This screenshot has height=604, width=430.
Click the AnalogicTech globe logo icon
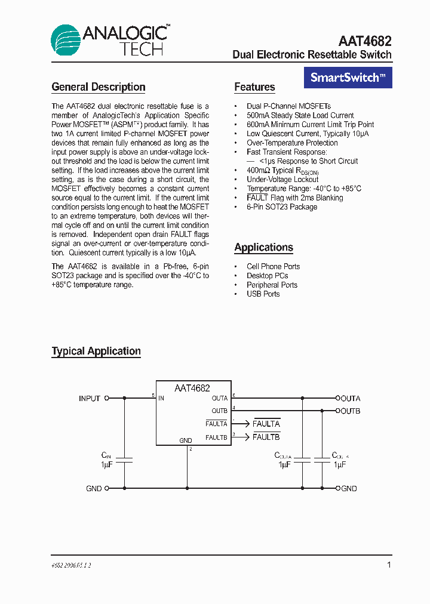point(66,40)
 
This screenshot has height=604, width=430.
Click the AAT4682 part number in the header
point(364,41)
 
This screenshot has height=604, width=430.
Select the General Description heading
point(99,87)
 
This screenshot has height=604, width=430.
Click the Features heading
point(254,87)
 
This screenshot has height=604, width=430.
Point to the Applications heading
point(263,247)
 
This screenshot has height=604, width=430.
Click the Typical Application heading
point(96,351)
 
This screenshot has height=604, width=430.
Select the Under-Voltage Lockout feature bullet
point(282,179)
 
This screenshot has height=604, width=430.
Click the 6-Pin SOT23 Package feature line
point(282,207)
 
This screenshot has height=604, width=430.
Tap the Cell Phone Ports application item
point(273,266)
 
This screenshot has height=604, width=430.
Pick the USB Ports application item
point(263,294)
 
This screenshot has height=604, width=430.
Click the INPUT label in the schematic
point(90,398)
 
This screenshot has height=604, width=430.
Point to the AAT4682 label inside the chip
point(192,388)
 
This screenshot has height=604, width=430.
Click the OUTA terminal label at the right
point(351,398)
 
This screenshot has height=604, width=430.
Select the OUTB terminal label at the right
point(351,411)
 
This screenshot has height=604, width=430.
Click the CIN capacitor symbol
point(124,460)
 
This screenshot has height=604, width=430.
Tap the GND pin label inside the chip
point(186,440)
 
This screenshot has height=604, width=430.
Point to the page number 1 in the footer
point(389,565)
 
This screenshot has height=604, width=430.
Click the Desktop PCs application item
point(267,276)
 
